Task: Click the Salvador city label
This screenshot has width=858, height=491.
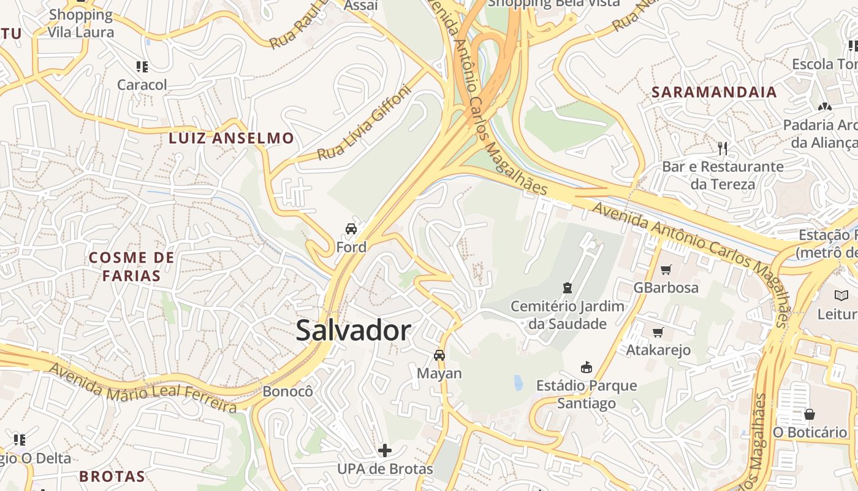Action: [x=353, y=331]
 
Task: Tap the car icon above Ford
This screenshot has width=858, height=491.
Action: [x=351, y=229]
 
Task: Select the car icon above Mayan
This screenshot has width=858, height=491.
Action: [x=439, y=355]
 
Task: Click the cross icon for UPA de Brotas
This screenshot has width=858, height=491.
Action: [x=385, y=450]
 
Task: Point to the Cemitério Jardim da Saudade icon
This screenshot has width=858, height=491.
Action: [x=568, y=287]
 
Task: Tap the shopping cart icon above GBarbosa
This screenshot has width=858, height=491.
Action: [x=666, y=269]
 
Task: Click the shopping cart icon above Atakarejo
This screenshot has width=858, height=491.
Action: [x=658, y=332]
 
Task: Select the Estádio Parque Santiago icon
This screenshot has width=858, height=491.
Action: [x=587, y=367]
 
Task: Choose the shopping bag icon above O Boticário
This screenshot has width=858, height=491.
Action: [x=810, y=414]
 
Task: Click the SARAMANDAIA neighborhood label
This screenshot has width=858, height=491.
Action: [x=714, y=92]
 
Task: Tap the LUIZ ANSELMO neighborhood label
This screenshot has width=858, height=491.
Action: [x=232, y=138]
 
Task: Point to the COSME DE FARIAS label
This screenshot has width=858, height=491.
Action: [x=132, y=266]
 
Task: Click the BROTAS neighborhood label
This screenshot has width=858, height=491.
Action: [x=112, y=476]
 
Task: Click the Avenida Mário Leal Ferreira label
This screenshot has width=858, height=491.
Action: [x=142, y=388]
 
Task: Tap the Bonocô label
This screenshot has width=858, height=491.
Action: [x=287, y=391]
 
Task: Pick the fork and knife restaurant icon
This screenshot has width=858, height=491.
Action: [x=723, y=148]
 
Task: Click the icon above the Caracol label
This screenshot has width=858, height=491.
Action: [x=142, y=66]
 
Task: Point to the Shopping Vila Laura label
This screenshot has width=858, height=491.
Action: [x=81, y=23]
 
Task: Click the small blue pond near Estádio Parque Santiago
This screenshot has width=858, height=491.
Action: [x=518, y=383]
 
